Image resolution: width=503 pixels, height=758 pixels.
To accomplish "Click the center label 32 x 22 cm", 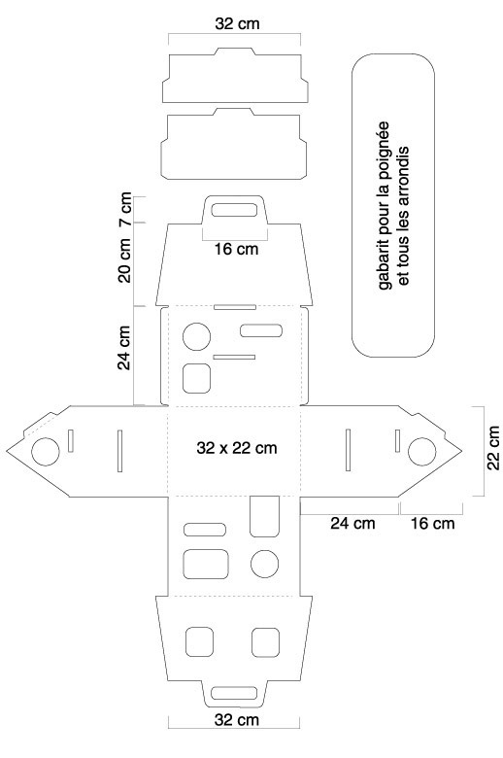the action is pyautogui.click(x=237, y=448).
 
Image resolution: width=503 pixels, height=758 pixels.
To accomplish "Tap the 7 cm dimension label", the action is pyautogui.click(x=124, y=209).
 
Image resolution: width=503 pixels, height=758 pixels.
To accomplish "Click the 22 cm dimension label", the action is pyautogui.click(x=493, y=447).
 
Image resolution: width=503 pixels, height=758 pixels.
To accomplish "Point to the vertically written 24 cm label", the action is pyautogui.click(x=124, y=347).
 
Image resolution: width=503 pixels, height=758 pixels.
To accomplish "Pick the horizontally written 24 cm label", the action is pyautogui.click(x=352, y=523).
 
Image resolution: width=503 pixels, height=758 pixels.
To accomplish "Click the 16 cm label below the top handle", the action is pyautogui.click(x=236, y=249).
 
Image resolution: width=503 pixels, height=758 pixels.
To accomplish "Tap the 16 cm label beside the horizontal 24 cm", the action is pyautogui.click(x=432, y=523).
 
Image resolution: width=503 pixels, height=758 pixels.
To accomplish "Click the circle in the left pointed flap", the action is pyautogui.click(x=46, y=452).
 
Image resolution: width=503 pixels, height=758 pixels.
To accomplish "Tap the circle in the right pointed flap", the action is pyautogui.click(x=421, y=452).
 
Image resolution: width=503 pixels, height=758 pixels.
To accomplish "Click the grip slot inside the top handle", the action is pyautogui.click(x=234, y=210).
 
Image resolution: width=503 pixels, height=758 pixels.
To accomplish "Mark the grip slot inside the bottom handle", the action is pyautogui.click(x=234, y=692).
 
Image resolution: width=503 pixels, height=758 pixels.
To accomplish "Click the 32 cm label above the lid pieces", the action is pyautogui.click(x=237, y=23).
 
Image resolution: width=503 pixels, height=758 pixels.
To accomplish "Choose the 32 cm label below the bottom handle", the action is pyautogui.click(x=237, y=720).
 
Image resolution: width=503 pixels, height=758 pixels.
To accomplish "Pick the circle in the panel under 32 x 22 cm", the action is pyautogui.click(x=265, y=564).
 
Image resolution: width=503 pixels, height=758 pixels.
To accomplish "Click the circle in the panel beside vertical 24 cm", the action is pyautogui.click(x=197, y=336).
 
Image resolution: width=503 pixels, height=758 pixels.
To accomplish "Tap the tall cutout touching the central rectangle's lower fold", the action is pyautogui.click(x=264, y=516).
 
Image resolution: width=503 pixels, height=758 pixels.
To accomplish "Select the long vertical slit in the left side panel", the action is pyautogui.click(x=119, y=450).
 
